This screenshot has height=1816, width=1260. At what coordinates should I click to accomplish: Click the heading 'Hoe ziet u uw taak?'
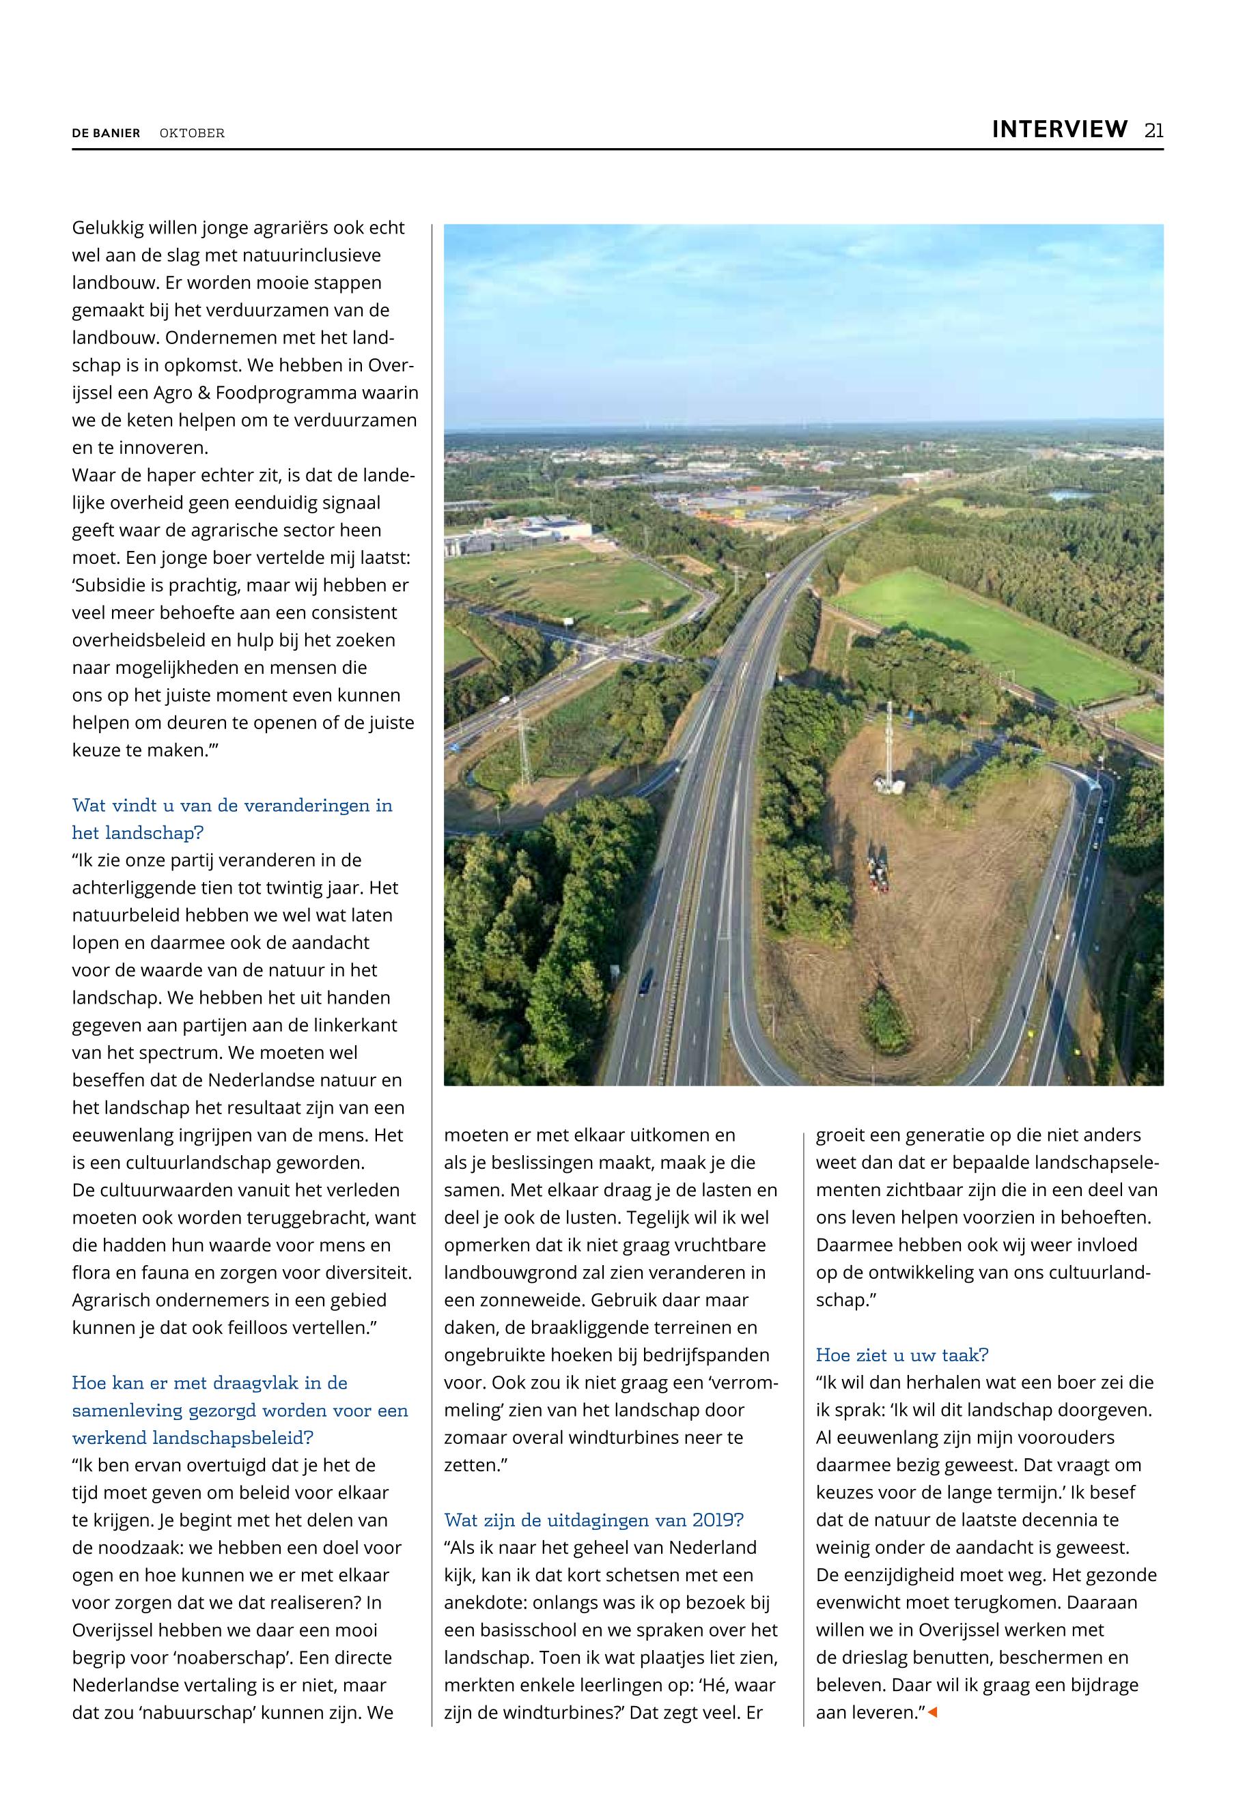[x=901, y=1355]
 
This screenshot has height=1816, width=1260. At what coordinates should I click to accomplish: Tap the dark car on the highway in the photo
[x=646, y=981]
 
